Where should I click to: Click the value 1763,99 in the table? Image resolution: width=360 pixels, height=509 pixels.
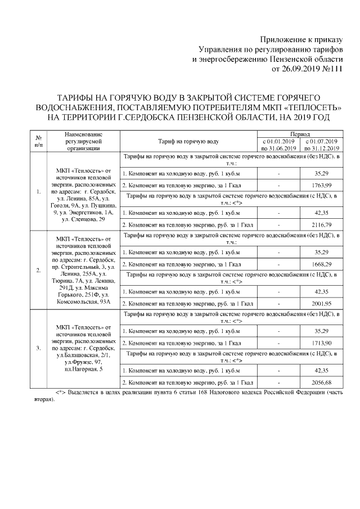[x=321, y=186]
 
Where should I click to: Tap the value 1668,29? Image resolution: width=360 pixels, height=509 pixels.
[x=321, y=264]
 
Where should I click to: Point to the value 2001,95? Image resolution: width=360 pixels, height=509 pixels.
[x=321, y=303]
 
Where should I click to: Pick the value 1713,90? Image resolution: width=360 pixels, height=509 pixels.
[x=321, y=343]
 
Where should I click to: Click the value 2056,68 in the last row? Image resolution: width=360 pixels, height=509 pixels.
[x=321, y=382]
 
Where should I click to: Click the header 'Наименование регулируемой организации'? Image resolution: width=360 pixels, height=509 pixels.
[x=83, y=141]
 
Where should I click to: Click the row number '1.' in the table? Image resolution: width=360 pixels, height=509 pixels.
[x=38, y=192]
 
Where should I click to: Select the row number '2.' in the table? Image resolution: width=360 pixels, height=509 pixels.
[x=38, y=270]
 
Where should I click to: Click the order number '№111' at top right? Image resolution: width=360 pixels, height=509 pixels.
[x=331, y=70]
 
